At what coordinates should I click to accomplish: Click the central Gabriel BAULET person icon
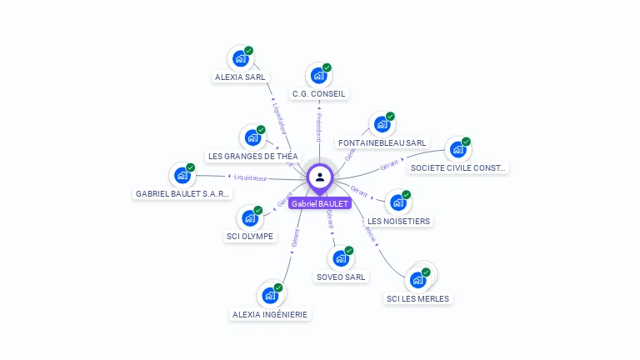pyautogui.click(x=320, y=177)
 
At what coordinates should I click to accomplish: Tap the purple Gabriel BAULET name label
pyautogui.click(x=320, y=203)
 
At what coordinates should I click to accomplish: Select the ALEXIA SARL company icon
pyautogui.click(x=240, y=58)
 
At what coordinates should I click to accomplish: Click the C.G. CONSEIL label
pyautogui.click(x=318, y=94)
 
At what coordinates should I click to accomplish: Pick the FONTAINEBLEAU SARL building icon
pyautogui.click(x=382, y=124)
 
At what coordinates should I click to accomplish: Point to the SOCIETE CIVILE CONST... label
pyautogui.click(x=458, y=167)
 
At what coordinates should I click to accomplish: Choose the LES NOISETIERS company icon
pyautogui.click(x=398, y=202)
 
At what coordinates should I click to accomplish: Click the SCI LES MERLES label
pyautogui.click(x=417, y=298)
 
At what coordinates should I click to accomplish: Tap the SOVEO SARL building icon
pyautogui.click(x=341, y=258)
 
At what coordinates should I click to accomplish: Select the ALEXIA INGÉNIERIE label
pyautogui.click(x=269, y=314)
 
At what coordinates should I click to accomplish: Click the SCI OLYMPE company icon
pyautogui.click(x=249, y=218)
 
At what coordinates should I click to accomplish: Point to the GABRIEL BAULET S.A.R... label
pyautogui.click(x=182, y=193)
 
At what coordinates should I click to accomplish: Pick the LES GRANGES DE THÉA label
pyautogui.click(x=252, y=156)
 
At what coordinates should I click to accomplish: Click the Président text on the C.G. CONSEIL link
pyautogui.click(x=318, y=127)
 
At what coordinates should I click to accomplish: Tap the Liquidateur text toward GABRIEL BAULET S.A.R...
pyautogui.click(x=251, y=177)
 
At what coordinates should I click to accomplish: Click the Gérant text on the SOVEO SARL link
pyautogui.click(x=330, y=219)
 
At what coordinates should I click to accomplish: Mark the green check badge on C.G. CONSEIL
pyautogui.click(x=327, y=67)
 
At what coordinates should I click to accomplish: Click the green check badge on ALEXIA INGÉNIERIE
pyautogui.click(x=278, y=287)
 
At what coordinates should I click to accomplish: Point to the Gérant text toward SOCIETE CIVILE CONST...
pyautogui.click(x=390, y=165)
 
